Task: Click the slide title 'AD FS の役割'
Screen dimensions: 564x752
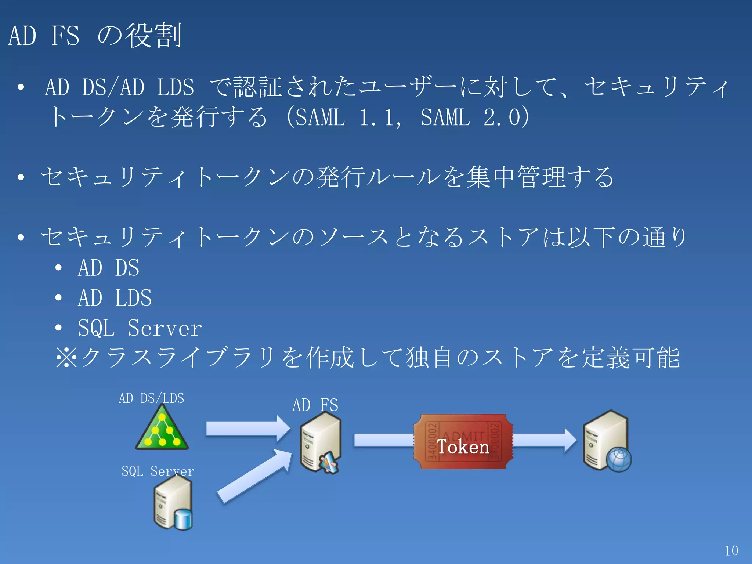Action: [x=95, y=36]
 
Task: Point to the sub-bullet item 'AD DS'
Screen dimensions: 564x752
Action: [x=108, y=268]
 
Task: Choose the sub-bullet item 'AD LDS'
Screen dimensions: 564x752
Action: [x=115, y=298]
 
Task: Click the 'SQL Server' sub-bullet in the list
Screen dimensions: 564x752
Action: [x=140, y=328]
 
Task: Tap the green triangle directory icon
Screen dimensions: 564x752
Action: [x=162, y=432]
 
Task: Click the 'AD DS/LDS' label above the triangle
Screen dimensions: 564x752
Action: [x=151, y=398]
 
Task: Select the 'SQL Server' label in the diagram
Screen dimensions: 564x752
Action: [x=158, y=471]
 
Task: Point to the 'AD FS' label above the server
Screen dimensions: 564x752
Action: [x=315, y=405]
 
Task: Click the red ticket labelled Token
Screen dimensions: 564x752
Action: [x=463, y=442]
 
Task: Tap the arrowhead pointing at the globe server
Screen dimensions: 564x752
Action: [x=569, y=440]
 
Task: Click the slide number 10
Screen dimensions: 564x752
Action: [x=731, y=550]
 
